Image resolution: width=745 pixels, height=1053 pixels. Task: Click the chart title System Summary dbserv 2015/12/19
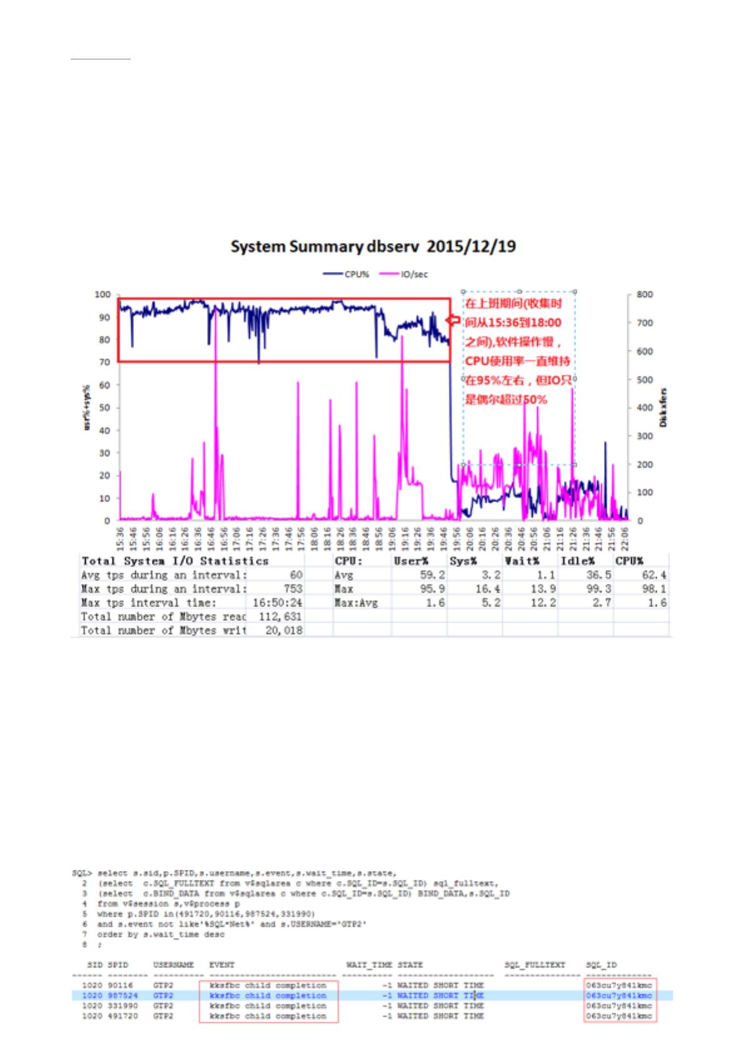point(373,246)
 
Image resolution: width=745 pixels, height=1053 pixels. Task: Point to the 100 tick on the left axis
point(103,295)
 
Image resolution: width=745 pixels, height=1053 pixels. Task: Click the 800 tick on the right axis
point(645,295)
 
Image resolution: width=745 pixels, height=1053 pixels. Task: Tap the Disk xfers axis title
point(664,407)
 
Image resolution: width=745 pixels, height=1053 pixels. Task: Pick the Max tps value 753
point(292,589)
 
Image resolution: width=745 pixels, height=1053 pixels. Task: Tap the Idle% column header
point(577,561)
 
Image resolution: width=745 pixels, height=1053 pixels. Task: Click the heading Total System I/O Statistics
point(175,561)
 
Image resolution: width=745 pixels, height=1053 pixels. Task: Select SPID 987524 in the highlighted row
point(123,995)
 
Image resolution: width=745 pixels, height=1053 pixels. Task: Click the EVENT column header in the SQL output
point(222,965)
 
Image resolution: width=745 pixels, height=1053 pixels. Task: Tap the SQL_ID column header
point(601,965)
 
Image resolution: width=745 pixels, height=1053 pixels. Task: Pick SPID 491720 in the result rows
point(123,1016)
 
